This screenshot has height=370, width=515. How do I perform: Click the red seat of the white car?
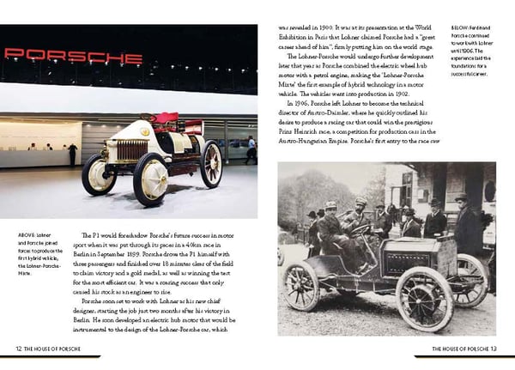(164, 119)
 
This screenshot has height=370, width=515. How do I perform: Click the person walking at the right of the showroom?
(251, 149)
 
